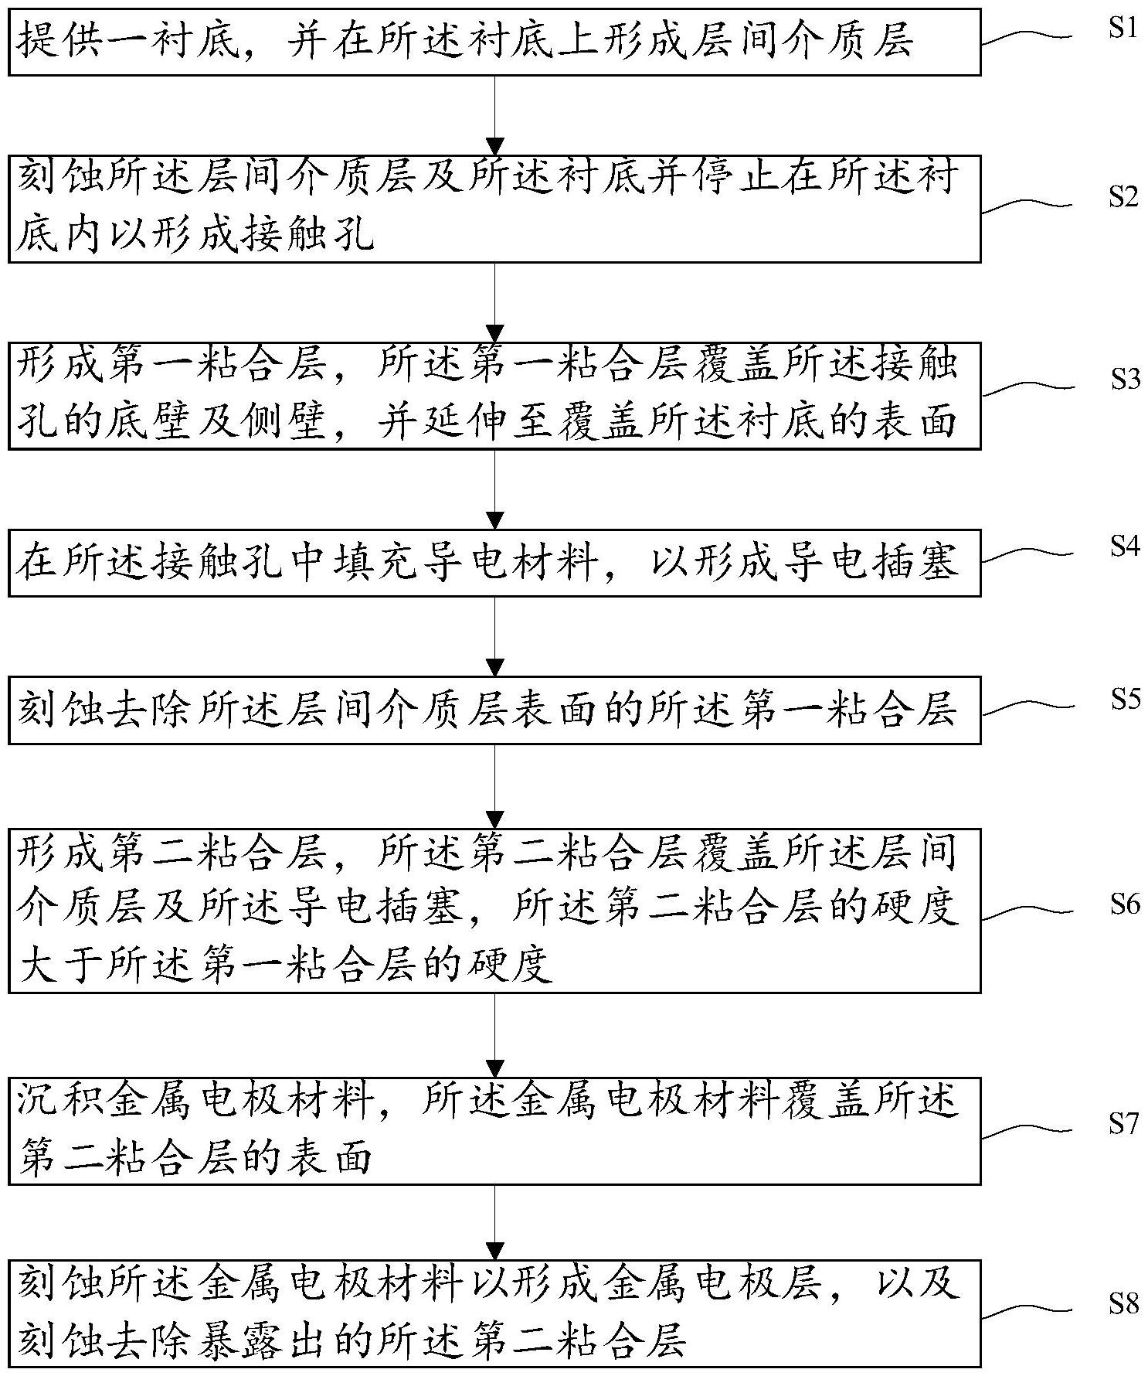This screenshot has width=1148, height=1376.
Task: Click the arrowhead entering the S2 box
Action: pos(494,145)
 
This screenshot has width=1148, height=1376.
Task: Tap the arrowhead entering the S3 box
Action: pos(494,333)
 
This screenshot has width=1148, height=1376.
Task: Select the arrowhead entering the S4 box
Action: pos(494,520)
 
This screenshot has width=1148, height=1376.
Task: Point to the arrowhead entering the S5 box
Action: pos(494,667)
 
